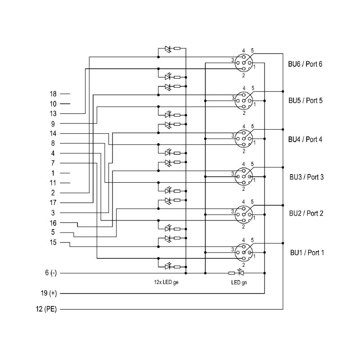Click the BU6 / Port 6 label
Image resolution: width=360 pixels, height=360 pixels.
[x=305, y=64]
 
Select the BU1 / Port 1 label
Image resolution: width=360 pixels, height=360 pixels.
[x=307, y=253]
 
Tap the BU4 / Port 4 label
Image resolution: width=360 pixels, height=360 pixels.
[x=305, y=139]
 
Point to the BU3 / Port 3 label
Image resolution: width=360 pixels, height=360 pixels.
[x=306, y=177]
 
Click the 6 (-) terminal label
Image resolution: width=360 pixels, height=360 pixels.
[x=51, y=273]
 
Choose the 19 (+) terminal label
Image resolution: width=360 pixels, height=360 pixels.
[x=49, y=293]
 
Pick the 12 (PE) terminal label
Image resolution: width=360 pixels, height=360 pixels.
[x=46, y=309]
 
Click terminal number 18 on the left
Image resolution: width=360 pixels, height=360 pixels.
[x=53, y=94]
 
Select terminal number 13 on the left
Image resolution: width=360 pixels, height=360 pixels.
[x=53, y=114]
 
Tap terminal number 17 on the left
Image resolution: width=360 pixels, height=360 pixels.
[x=53, y=203]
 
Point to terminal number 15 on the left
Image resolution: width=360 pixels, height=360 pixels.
[x=53, y=243]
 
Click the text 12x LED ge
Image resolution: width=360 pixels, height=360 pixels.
[x=166, y=282]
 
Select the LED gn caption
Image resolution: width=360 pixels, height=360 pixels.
[x=239, y=283]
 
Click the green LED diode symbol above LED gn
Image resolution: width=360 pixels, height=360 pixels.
[x=241, y=273]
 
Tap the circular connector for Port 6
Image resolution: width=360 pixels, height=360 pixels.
[x=244, y=63]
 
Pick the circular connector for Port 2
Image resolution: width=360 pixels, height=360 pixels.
[x=244, y=215]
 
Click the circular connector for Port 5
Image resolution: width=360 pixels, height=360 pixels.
[x=244, y=100]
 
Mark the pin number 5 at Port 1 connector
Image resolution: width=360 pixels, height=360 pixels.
[x=252, y=240]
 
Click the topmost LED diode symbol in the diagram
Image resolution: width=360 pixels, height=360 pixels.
[x=168, y=49]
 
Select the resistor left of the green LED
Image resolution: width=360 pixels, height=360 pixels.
[x=232, y=273]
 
